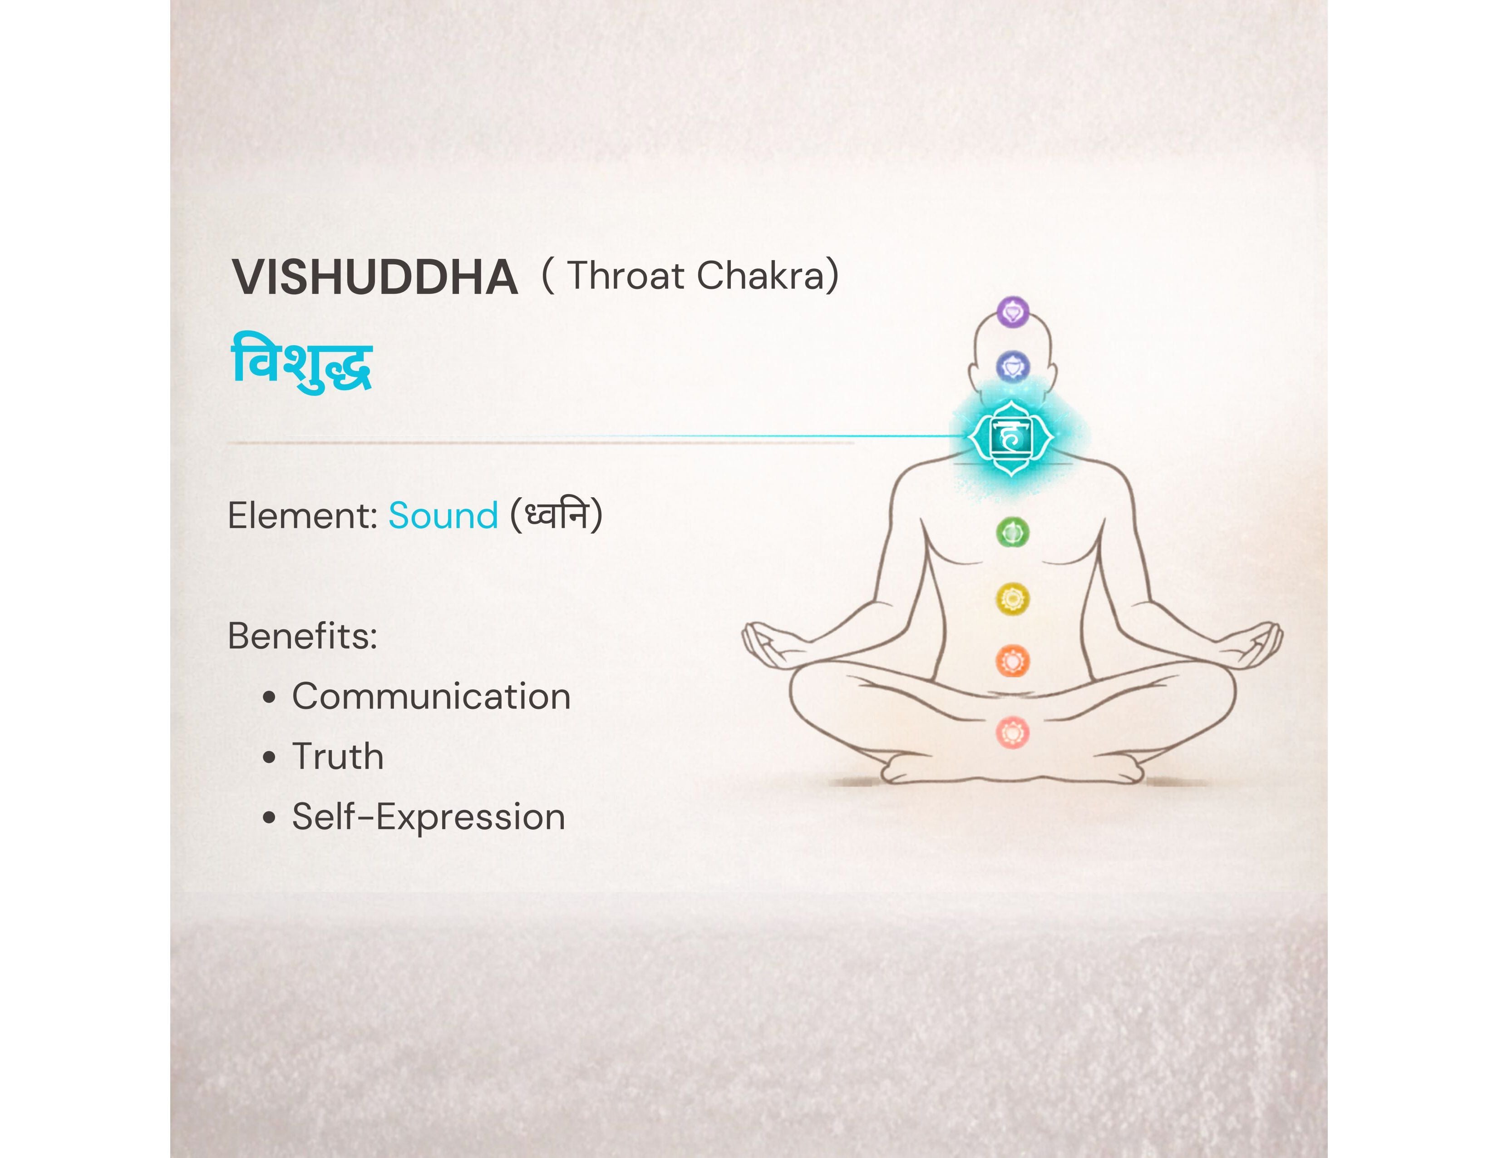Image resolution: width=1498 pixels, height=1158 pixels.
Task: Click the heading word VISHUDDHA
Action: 374,278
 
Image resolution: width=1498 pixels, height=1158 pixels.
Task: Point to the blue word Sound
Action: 443,515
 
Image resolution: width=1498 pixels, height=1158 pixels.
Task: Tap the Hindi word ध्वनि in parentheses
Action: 556,515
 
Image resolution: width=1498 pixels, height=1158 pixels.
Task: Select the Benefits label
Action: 302,636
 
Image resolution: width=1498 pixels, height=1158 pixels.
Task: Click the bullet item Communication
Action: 431,696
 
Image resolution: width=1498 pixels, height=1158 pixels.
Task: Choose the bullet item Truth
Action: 337,757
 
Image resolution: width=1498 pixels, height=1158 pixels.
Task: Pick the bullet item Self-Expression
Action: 428,817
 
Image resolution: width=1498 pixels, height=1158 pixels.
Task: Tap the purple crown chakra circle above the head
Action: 1012,312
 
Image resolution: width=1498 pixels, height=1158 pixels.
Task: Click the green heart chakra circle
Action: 1012,532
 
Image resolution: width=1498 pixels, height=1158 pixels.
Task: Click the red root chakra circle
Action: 1012,732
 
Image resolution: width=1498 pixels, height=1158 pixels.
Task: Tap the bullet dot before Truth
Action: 270,757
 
